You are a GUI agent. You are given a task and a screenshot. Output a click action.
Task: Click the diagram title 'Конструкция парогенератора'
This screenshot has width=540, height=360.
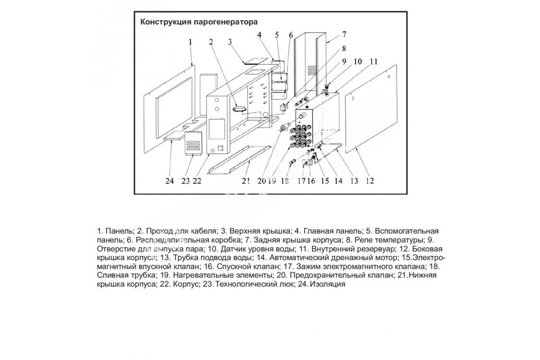199,22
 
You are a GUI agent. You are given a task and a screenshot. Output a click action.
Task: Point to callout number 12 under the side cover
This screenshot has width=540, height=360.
369,181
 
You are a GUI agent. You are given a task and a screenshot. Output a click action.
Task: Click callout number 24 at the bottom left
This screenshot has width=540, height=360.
169,181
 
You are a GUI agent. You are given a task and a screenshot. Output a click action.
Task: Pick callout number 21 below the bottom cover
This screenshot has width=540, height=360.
245,181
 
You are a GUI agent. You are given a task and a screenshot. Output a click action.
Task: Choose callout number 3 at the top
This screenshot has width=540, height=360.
229,42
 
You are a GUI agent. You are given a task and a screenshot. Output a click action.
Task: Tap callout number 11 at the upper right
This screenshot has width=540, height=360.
373,62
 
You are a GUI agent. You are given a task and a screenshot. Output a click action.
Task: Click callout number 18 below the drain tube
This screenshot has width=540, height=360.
284,181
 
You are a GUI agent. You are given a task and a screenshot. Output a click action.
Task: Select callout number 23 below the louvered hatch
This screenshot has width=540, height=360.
185,181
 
